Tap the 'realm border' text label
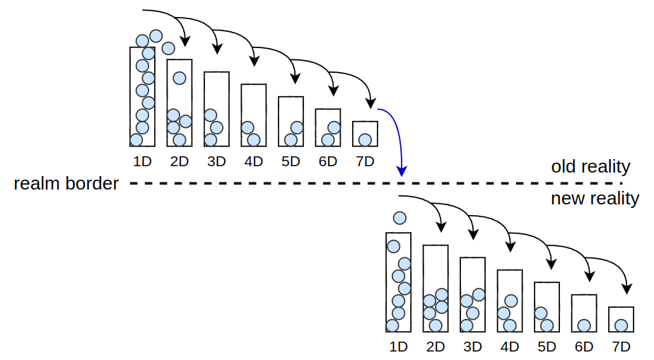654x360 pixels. (66, 184)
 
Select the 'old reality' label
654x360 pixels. (590, 167)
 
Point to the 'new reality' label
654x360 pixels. (595, 199)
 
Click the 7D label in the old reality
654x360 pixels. (365, 161)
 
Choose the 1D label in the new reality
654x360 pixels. (399, 347)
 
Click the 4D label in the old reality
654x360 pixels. (253, 161)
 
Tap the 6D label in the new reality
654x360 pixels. (584, 347)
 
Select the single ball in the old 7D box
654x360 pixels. (365, 139)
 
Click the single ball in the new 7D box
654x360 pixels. (621, 325)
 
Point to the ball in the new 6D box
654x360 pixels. (584, 325)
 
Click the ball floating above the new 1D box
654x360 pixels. (399, 218)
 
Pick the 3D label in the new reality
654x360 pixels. (472, 347)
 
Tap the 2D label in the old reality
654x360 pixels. (180, 161)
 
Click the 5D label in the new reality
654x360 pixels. (547, 347)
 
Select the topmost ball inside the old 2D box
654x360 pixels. (180, 78)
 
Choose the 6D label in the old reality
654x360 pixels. (327, 161)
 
